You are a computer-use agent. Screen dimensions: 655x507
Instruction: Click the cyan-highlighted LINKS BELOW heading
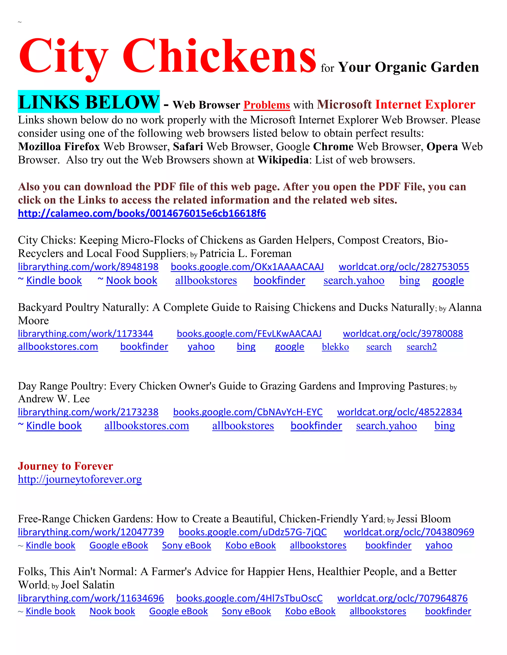[x=89, y=102]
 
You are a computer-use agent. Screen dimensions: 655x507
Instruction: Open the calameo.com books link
[x=142, y=214]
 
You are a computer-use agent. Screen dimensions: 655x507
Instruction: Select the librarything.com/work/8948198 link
[x=88, y=267]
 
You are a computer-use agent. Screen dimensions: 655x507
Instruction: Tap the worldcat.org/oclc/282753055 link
[x=404, y=267]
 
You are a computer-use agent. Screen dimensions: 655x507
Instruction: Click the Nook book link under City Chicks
[x=131, y=281]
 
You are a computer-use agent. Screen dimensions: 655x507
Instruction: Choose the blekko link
[x=335, y=347]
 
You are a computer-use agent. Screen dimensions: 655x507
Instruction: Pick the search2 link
[x=421, y=347]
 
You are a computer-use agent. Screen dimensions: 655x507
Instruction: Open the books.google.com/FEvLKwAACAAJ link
[x=249, y=333]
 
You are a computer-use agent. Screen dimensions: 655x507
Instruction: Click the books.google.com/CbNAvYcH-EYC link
[x=248, y=412]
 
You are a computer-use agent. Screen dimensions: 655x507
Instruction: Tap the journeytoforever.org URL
[x=80, y=479]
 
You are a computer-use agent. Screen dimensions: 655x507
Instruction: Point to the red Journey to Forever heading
[x=65, y=466]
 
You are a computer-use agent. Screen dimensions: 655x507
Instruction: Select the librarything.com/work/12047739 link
[x=91, y=532]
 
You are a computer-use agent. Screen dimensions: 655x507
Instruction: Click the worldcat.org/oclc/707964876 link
[x=402, y=598]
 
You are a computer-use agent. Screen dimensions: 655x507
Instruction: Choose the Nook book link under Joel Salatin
[x=112, y=611]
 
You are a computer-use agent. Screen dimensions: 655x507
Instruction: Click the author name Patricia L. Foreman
[x=245, y=253]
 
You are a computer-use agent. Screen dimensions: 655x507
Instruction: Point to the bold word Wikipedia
[x=283, y=160]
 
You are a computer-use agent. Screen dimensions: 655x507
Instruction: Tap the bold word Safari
[x=188, y=147]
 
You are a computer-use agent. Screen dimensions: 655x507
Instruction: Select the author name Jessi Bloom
[x=424, y=519]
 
